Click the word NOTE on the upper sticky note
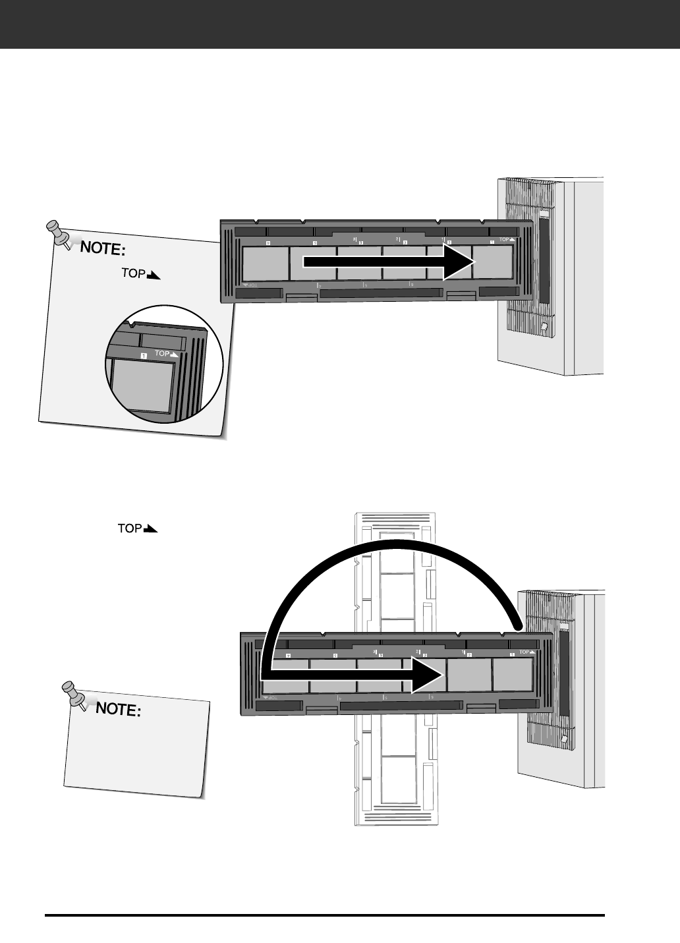click(x=103, y=250)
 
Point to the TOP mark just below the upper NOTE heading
click(x=140, y=273)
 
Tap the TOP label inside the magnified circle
click(x=166, y=353)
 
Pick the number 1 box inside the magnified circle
click(x=143, y=355)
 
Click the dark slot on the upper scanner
click(x=544, y=260)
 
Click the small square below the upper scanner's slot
click(x=544, y=326)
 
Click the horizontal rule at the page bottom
click(x=324, y=915)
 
